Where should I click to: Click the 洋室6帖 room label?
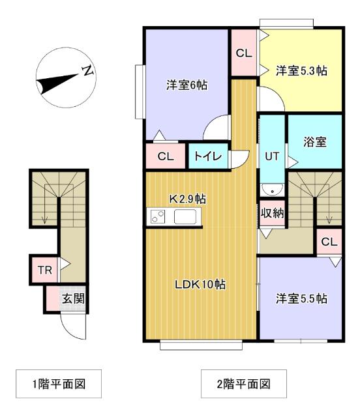(x=187, y=85)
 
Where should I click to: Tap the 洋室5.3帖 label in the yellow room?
(x=301, y=71)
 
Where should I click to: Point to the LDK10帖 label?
(x=200, y=285)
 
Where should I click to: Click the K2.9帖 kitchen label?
(x=188, y=198)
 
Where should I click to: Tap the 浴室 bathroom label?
(x=315, y=141)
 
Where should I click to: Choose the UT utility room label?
(x=272, y=156)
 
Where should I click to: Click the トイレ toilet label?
(x=208, y=156)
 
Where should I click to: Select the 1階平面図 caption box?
(x=59, y=383)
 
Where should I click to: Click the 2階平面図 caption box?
(x=243, y=383)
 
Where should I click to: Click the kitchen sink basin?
(x=187, y=218)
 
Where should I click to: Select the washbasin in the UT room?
(x=272, y=190)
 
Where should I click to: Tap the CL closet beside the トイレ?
(x=166, y=156)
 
